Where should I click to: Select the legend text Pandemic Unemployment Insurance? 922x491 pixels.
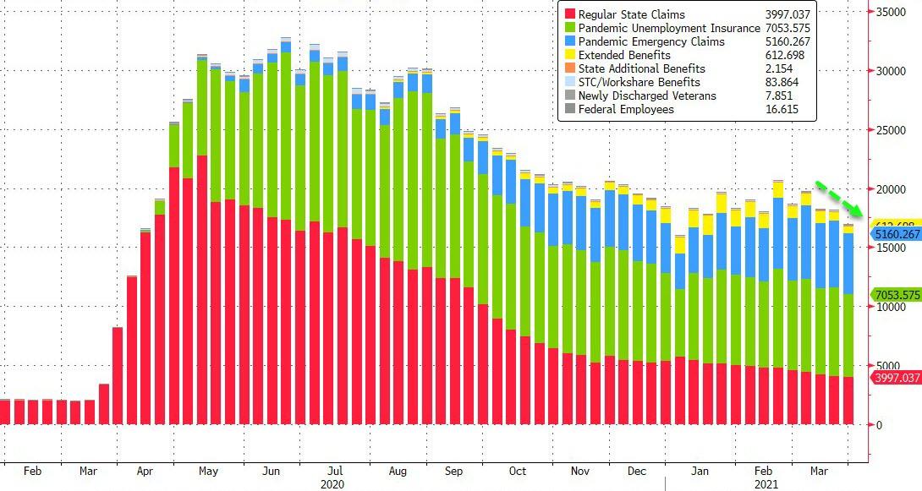pyautogui.click(x=669, y=29)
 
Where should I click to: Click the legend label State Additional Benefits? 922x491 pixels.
pyautogui.click(x=641, y=69)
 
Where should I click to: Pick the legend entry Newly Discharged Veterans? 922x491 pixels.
pyautogui.click(x=647, y=96)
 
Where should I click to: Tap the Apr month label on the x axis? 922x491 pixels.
pyautogui.click(x=145, y=471)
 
